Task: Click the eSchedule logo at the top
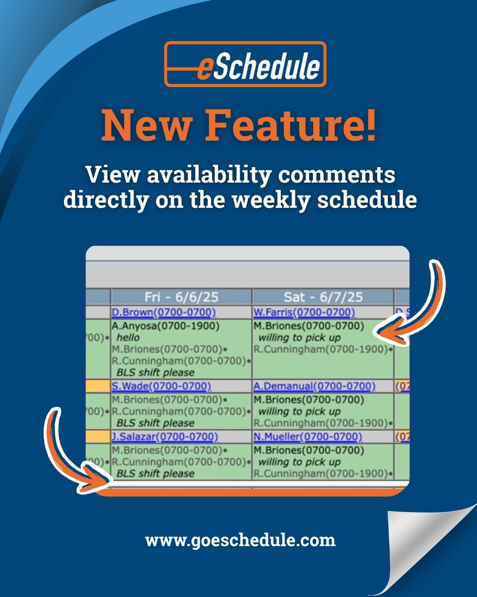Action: tap(245, 64)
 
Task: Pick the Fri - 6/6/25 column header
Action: tap(181, 297)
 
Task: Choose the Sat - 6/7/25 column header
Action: tap(322, 297)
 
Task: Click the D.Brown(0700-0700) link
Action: tap(164, 312)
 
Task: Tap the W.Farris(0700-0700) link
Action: tap(305, 312)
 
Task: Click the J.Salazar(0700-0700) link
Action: tap(164, 437)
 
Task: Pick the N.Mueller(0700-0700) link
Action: tap(308, 437)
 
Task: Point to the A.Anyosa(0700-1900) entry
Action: tap(165, 326)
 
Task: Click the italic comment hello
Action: tap(128, 338)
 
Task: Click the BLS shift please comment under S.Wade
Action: tap(155, 423)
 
